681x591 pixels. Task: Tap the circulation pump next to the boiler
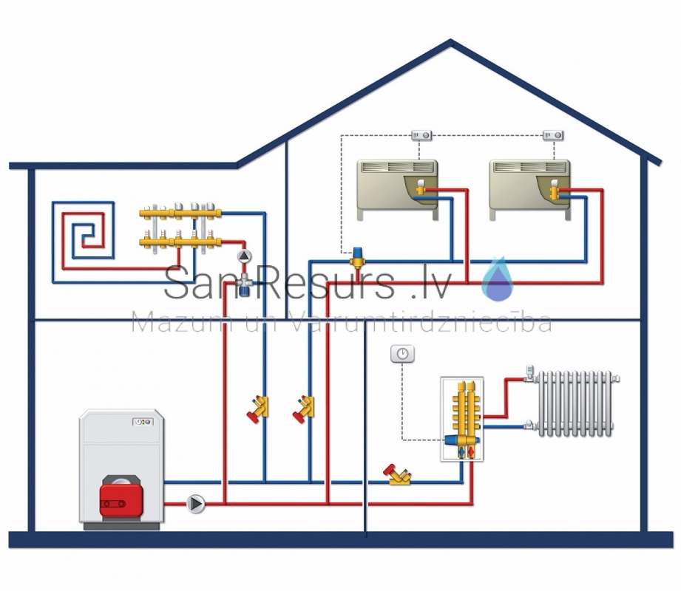coord(196,504)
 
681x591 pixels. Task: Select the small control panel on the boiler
coord(143,421)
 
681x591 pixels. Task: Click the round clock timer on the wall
coord(402,354)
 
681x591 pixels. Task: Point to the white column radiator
coord(575,403)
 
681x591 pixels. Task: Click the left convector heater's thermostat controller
coord(421,135)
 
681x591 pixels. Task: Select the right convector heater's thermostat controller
coord(553,135)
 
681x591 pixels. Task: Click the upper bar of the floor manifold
coord(180,213)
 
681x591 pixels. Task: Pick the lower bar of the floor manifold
coord(180,242)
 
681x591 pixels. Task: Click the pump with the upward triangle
coord(245,256)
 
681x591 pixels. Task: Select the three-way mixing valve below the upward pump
coord(245,283)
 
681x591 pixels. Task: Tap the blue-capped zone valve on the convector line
coord(358,257)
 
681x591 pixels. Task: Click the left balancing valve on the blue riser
coord(259,409)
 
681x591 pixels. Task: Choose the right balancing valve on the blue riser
coord(305,409)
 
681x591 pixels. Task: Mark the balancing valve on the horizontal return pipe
coord(397,475)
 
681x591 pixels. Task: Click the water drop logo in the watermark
coord(498,279)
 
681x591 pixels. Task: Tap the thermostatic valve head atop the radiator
coord(529,372)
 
